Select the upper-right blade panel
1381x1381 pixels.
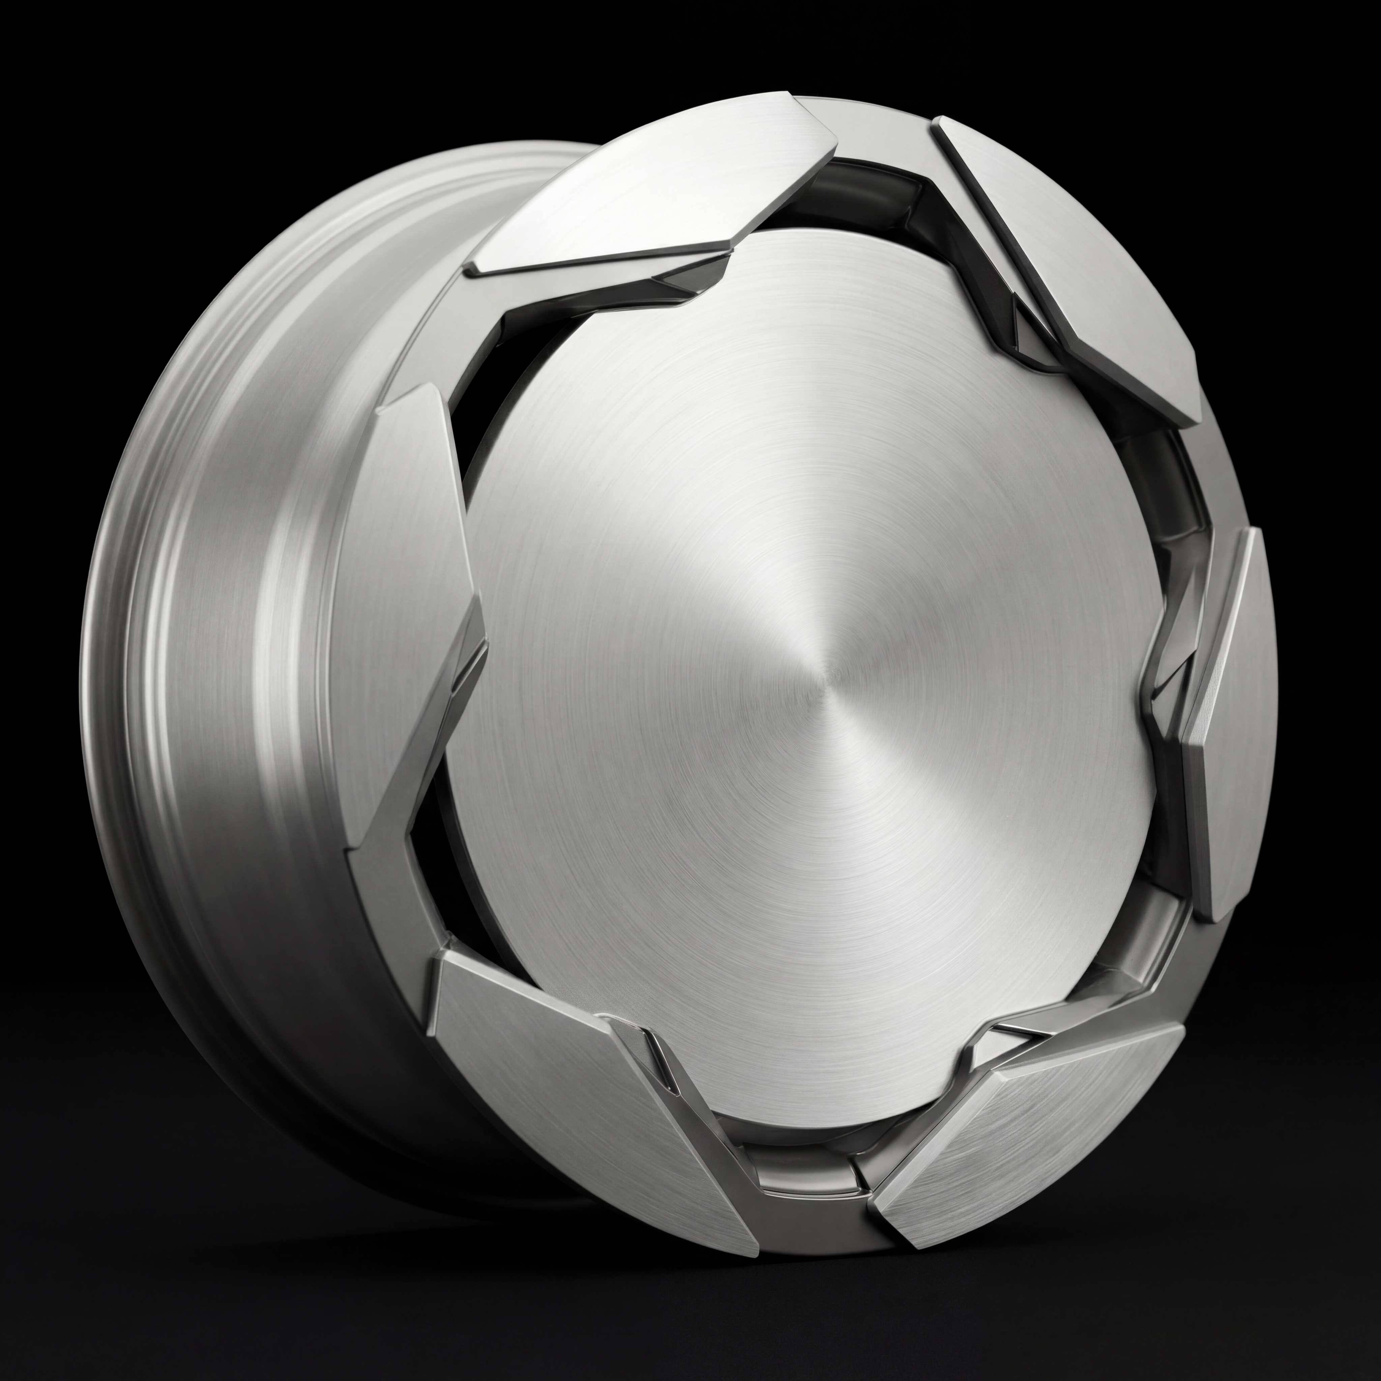pyautogui.click(x=1072, y=264)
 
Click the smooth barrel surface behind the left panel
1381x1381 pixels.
pyautogui.click(x=236, y=643)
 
